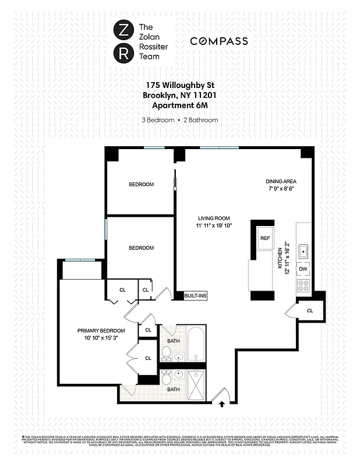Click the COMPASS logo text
[219, 41]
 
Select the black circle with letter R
[123, 55]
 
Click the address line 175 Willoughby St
[179, 86]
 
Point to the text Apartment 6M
[179, 105]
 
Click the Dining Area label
[281, 181]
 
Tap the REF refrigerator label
[265, 238]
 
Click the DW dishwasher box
[303, 270]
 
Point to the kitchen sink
[303, 251]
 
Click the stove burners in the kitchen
[303, 285]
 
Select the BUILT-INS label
[195, 296]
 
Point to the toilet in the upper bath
[166, 353]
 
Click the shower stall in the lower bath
[196, 385]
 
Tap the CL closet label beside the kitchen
[309, 310]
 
